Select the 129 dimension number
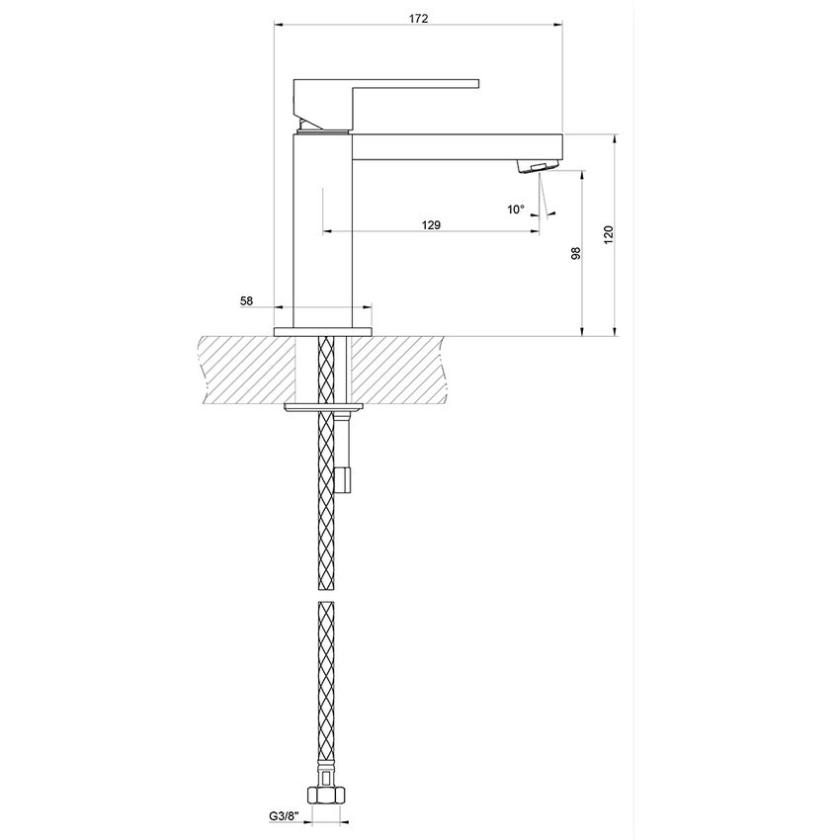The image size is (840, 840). click(x=430, y=225)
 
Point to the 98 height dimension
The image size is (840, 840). click(x=575, y=253)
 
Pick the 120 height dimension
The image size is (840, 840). click(x=609, y=235)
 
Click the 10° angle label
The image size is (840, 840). click(x=516, y=209)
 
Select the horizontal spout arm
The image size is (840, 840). click(x=455, y=146)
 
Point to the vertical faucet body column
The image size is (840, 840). click(x=324, y=227)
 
